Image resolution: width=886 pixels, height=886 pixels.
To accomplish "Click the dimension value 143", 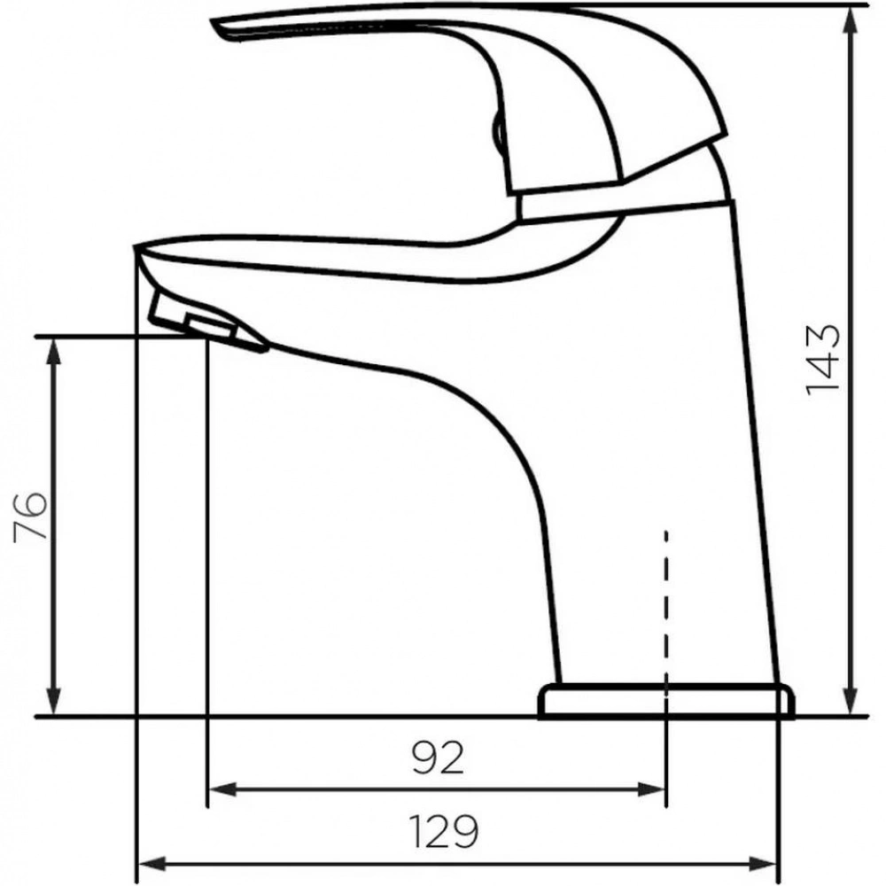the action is click(x=823, y=360).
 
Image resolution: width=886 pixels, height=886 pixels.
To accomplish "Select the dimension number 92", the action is click(x=438, y=758).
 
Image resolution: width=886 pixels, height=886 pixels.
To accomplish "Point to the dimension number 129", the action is click(x=443, y=831).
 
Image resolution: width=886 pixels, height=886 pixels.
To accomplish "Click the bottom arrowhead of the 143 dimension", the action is click(x=851, y=700).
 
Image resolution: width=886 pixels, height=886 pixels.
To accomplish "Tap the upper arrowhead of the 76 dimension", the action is click(x=54, y=353).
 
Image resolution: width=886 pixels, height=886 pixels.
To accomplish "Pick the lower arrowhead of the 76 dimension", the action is click(x=54, y=700).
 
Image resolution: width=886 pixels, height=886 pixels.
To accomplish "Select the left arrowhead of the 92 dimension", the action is click(x=224, y=789).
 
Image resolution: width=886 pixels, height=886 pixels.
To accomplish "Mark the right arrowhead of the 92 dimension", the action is click(x=651, y=789).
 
